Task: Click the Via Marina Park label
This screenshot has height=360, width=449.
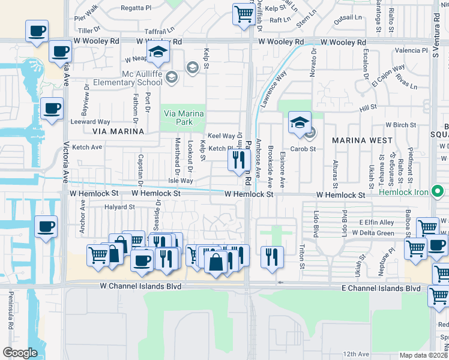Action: coord(184,118)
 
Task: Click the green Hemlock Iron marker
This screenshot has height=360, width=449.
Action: coord(438,192)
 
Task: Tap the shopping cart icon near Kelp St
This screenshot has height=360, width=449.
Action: coord(243,14)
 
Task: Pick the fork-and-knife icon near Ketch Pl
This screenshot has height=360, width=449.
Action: coord(238,160)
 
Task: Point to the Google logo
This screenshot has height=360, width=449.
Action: coord(20,353)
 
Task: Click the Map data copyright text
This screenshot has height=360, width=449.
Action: coord(424,355)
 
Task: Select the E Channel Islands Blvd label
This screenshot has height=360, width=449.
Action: coord(381,289)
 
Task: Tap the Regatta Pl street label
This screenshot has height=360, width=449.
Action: coord(136,8)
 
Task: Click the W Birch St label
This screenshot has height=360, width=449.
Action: coord(401,125)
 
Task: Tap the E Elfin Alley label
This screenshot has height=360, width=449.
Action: coord(376,222)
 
